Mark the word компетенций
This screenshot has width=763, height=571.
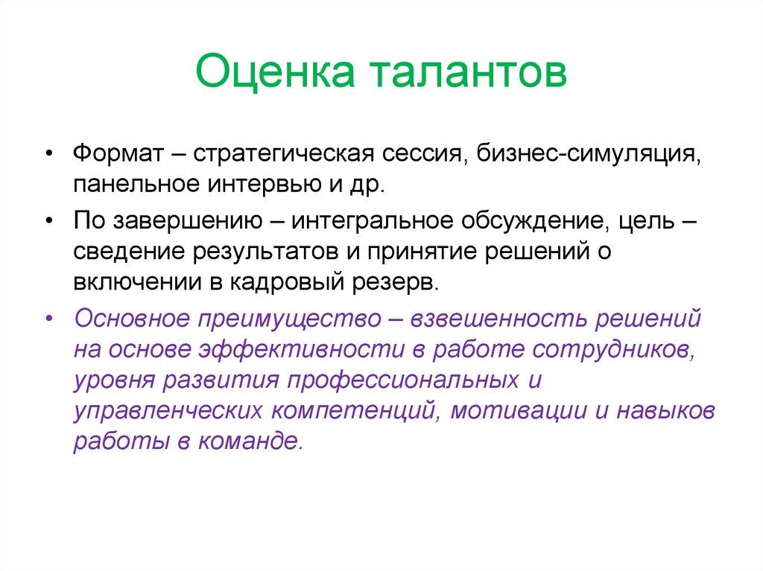pos(352,409)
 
